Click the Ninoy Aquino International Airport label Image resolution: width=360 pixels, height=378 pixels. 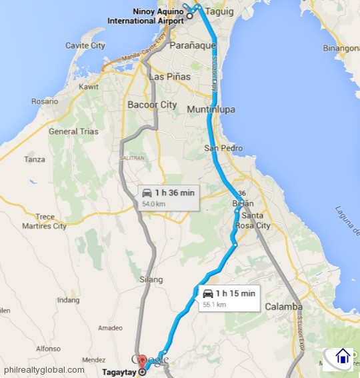click(x=145, y=17)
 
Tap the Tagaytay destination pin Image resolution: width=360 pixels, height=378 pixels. click(x=141, y=366)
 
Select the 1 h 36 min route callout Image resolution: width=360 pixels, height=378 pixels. click(x=169, y=197)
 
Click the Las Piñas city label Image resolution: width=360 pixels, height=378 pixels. click(x=169, y=77)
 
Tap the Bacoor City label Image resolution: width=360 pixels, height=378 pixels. click(x=152, y=105)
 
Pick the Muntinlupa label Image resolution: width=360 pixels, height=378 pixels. click(x=211, y=109)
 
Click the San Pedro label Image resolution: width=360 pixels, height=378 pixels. click(x=220, y=148)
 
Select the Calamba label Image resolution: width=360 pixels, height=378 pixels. click(x=283, y=307)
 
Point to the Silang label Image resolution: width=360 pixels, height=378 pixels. click(x=151, y=279)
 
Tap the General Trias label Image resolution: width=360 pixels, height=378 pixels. click(x=73, y=131)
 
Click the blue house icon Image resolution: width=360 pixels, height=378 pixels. click(x=343, y=357)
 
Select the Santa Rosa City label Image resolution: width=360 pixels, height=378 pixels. click(x=257, y=221)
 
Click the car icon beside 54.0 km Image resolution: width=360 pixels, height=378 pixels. click(x=147, y=193)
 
